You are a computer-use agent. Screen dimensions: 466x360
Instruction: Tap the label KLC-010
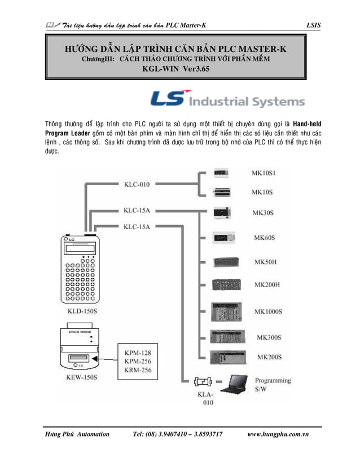pos(137,183)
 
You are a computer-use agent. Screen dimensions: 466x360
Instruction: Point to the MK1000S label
pos(268,311)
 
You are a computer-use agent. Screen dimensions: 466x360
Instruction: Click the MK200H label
pos(267,285)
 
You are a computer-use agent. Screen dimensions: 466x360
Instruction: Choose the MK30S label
pos(263,213)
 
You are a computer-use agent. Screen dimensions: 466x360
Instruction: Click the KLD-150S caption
pos(77,311)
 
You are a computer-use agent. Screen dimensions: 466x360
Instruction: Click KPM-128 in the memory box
pos(137,353)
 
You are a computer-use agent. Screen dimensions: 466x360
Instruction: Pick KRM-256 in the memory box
pos(137,370)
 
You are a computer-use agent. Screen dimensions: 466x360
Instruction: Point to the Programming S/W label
pos(273,385)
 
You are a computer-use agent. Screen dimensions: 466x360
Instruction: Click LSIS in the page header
pos(313,25)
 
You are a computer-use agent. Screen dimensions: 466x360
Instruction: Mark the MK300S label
pos(269,337)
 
